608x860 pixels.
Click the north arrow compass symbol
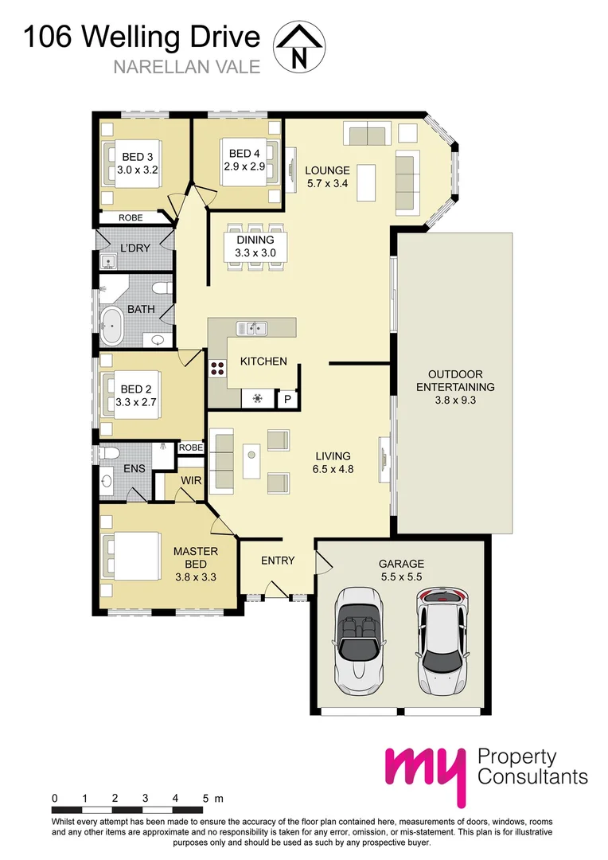(298, 48)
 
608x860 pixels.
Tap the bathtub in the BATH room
(112, 326)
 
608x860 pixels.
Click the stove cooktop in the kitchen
(216, 368)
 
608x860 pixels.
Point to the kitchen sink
(251, 328)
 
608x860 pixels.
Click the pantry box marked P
(287, 399)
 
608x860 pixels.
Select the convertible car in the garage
(357, 641)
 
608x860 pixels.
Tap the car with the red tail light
(442, 641)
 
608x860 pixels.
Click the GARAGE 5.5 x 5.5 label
(401, 570)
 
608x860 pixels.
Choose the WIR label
(191, 480)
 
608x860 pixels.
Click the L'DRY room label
(134, 248)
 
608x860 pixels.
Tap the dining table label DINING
(255, 240)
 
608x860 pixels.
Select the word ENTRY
(278, 561)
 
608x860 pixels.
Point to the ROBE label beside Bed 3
(131, 217)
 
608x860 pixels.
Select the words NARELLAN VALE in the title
(187, 67)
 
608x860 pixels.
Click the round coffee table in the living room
(251, 455)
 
